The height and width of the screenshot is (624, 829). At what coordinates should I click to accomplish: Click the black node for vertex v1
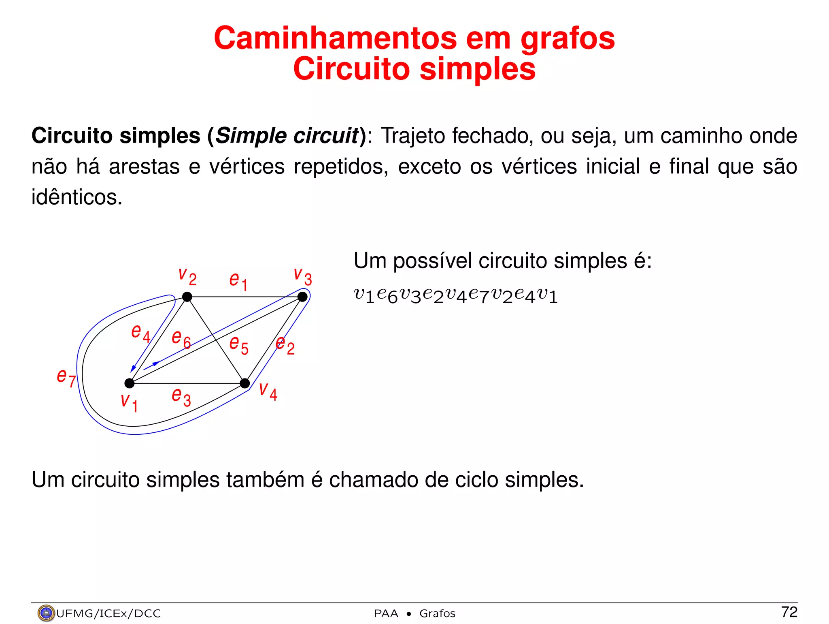click(129, 383)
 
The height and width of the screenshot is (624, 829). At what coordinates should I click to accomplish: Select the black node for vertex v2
click(187, 297)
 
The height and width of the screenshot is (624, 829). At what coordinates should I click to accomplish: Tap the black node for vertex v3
click(302, 297)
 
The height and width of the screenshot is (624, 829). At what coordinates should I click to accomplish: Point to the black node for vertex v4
click(245, 383)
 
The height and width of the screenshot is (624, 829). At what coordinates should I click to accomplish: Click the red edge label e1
click(238, 280)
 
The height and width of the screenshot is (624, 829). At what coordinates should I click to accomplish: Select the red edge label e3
click(181, 396)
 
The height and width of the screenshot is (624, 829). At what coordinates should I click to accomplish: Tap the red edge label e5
click(239, 345)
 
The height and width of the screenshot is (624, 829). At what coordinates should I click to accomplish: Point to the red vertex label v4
click(268, 391)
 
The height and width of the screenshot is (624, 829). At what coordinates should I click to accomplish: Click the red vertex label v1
click(129, 402)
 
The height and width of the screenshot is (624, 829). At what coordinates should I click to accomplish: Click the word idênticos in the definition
click(77, 197)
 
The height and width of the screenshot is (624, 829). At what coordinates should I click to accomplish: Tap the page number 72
click(789, 612)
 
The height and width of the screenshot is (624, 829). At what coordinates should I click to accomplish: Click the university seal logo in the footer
click(46, 613)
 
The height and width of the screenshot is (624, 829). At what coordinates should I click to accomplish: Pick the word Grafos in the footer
click(437, 613)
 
